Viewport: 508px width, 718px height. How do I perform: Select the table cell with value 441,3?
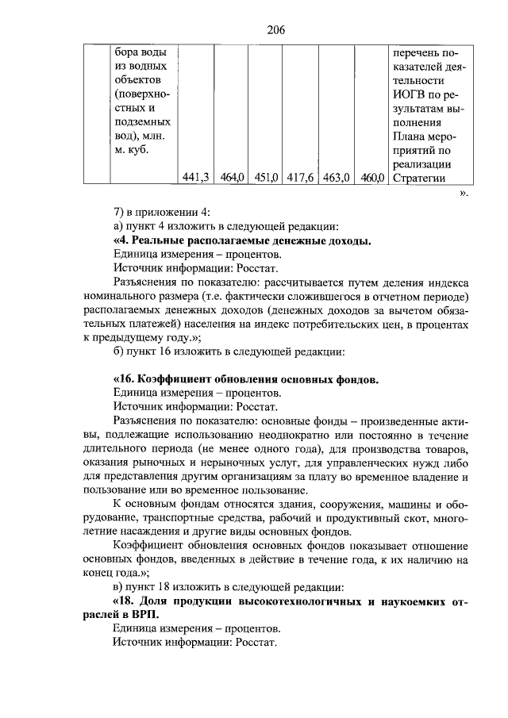[x=195, y=178]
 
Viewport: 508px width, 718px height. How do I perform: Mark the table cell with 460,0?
[x=370, y=178]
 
